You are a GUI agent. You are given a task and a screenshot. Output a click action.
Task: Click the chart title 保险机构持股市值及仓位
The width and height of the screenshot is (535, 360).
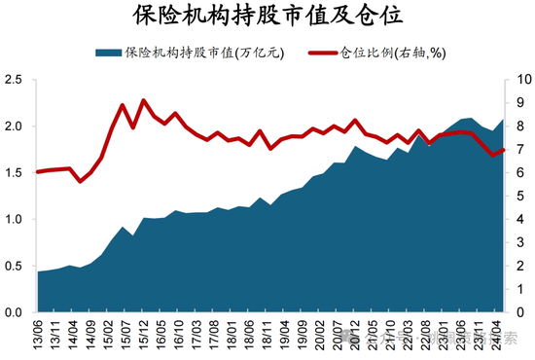pos(267,17)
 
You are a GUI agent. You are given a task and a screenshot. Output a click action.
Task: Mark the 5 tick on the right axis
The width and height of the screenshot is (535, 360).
pos(517,197)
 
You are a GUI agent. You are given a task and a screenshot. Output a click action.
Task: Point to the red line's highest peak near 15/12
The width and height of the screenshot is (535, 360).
pos(144,100)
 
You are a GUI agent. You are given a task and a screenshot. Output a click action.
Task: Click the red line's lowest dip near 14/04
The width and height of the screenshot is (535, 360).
pos(82,181)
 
